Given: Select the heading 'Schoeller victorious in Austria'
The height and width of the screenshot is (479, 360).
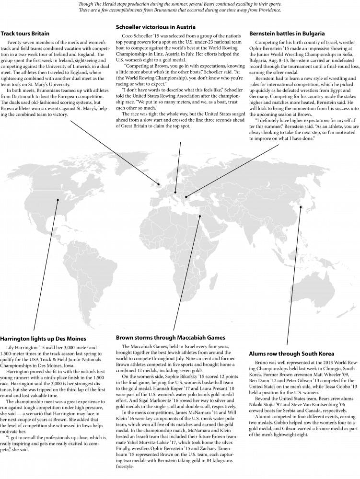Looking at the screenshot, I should [x=156, y=27].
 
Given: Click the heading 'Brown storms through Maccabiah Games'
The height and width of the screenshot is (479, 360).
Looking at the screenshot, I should [x=171, y=338].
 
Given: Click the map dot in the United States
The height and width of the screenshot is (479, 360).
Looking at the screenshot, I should [x=58, y=200].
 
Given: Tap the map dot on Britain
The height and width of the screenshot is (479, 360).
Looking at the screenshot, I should [x=159, y=184].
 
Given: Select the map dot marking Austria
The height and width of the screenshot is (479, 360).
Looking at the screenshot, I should [x=175, y=192].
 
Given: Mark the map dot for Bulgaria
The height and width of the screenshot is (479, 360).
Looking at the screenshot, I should [x=186, y=196].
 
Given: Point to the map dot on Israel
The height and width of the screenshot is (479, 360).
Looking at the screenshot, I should [x=200, y=216].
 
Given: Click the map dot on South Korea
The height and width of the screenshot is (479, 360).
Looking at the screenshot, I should [x=301, y=207].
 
